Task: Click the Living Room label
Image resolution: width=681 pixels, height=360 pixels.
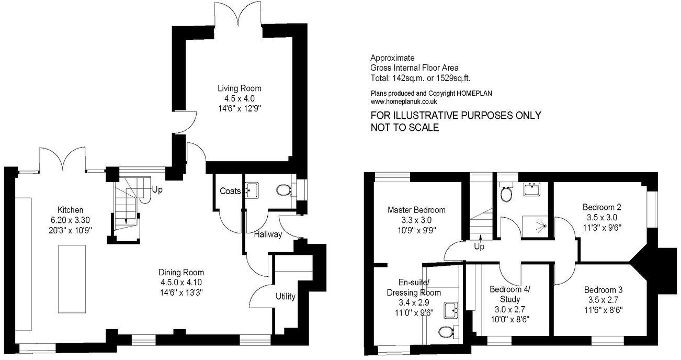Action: [240, 88]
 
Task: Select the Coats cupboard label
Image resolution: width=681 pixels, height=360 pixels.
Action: [230, 191]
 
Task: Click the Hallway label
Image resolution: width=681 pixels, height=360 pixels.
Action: [268, 234]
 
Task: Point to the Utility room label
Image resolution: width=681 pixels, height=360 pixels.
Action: [286, 297]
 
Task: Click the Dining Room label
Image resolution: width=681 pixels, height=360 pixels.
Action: [181, 273]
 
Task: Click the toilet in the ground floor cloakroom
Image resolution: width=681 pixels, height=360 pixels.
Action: [283, 190]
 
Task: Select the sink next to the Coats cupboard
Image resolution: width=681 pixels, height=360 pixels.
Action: [252, 190]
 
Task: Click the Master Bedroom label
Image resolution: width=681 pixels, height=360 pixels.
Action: [416, 210]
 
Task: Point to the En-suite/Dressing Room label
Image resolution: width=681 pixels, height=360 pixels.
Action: [413, 287]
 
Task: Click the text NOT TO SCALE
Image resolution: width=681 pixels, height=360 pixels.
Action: [404, 128]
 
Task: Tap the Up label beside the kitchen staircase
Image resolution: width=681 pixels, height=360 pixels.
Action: [156, 189]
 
